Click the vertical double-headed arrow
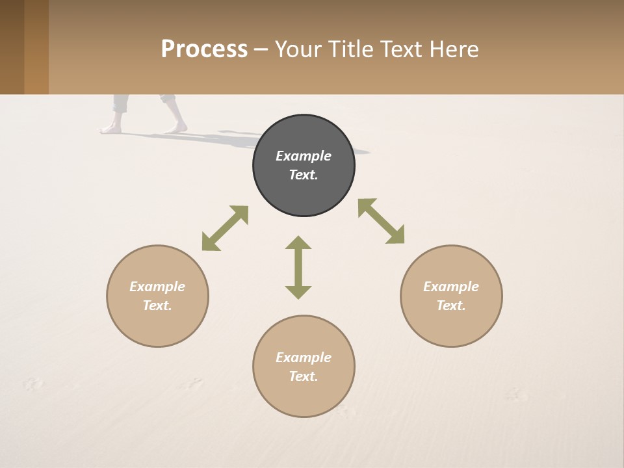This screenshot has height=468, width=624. coord(298,267)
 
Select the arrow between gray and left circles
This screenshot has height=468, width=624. coord(225,228)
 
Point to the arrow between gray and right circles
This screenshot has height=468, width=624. coord(381,221)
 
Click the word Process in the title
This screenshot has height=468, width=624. coord(204,49)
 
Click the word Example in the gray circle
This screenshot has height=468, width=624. coord(304,156)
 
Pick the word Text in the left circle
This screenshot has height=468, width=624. coord(157,305)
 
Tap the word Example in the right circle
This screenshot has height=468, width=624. coord(451,287)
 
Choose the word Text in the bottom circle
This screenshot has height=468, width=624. coord(304,376)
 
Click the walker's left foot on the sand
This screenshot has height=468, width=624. coord(111,129)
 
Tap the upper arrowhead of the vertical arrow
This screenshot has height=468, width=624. coord(298,242)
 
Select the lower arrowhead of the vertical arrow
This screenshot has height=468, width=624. coord(298,292)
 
